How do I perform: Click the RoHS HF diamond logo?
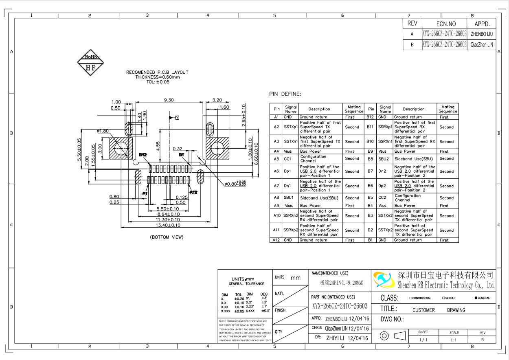[x=90, y=63]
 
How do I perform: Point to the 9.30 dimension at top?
[x=169, y=100]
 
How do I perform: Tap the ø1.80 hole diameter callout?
[x=103, y=131]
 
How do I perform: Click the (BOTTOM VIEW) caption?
[x=167, y=237]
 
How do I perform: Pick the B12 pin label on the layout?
[x=143, y=155]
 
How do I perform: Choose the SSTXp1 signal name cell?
[x=291, y=127]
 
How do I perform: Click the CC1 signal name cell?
[x=288, y=159]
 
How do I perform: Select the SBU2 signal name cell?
[x=384, y=159]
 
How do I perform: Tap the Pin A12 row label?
[x=276, y=240]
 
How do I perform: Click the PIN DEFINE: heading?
[x=285, y=94]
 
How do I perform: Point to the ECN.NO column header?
[x=446, y=24]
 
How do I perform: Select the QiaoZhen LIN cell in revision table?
[x=481, y=45]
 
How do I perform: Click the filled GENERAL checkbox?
[x=476, y=298]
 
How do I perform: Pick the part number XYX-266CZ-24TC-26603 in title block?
[x=340, y=306]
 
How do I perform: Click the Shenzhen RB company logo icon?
[x=384, y=280]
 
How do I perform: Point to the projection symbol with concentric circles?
[x=384, y=336]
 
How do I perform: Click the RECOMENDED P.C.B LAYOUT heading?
[x=157, y=72]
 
